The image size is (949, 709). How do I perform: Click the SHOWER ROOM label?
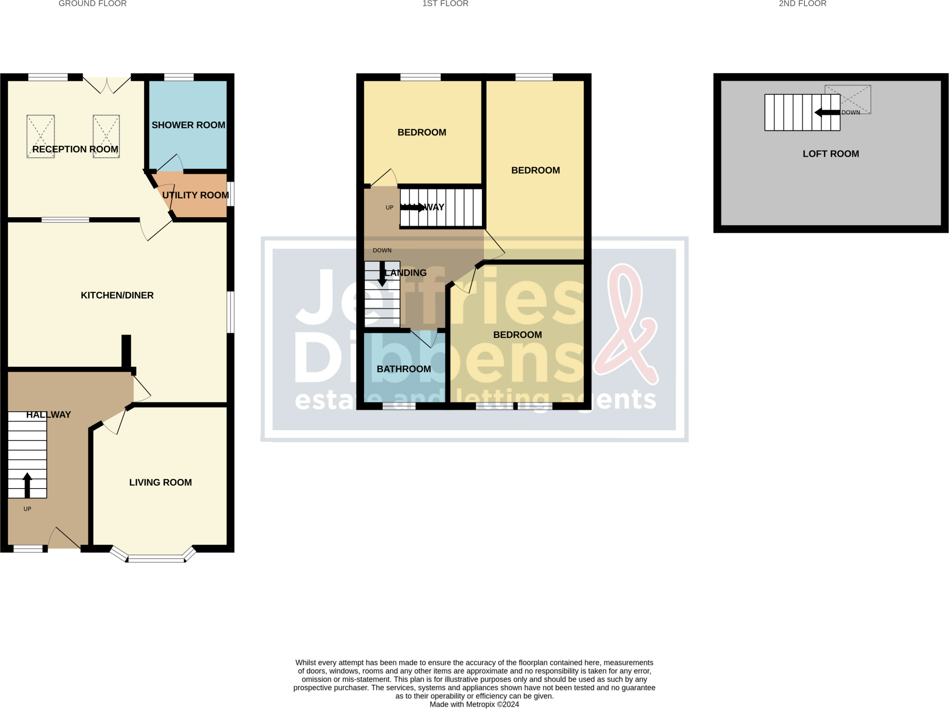coord(188,125)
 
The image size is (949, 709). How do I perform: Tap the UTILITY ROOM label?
coord(196,195)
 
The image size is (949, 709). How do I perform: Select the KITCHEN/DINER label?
coord(117,295)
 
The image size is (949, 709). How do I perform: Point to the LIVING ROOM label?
coord(160,483)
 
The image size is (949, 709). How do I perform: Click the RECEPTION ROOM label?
coord(75,149)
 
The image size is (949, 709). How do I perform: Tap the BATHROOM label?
coord(404,369)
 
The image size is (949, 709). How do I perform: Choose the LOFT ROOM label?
coord(830,154)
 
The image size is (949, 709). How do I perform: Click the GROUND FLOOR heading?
coord(93,4)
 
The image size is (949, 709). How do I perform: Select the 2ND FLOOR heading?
coord(803,4)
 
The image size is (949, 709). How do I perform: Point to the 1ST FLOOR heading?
coord(445,4)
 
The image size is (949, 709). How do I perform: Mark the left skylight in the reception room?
coord(41,136)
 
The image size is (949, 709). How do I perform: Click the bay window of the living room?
coord(156,558)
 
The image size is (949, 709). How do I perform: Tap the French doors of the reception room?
coord(107,83)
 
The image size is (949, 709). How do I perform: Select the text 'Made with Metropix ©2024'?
coord(474,704)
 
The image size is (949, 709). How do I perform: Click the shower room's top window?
coord(179,77)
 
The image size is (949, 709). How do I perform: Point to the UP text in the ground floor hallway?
coord(27,509)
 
